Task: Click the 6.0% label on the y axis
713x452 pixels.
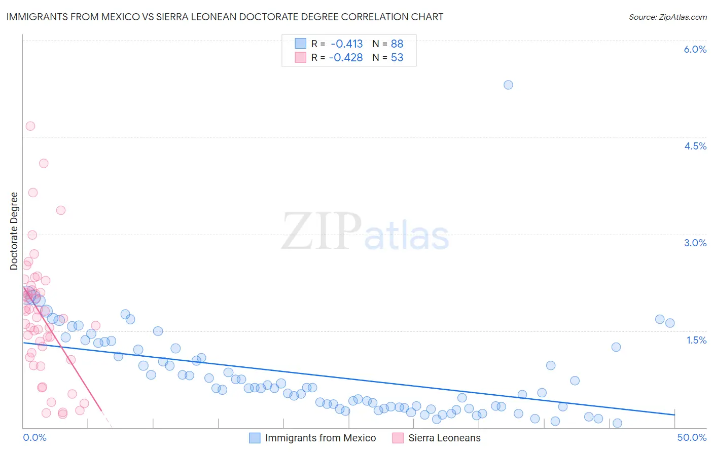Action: (695, 49)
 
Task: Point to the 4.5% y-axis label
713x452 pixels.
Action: (695, 146)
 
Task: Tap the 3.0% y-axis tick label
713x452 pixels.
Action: (695, 243)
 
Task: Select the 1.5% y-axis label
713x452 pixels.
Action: (696, 340)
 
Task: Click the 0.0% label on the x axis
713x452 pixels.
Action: (35, 437)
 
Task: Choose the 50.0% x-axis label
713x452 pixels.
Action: (692, 437)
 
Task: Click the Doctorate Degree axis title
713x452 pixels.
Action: (14, 231)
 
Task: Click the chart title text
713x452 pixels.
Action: (225, 17)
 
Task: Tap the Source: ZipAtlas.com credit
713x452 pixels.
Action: (667, 17)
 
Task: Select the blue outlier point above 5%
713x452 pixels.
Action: (508, 85)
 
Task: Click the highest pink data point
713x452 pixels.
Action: (30, 126)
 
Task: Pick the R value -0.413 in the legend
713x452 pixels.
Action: (347, 44)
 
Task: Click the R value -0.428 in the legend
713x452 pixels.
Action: (346, 57)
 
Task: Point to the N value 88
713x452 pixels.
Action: (397, 44)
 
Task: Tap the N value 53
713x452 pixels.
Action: (397, 57)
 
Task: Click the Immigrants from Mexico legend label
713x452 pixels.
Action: (320, 438)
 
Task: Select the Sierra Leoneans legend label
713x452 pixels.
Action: (444, 438)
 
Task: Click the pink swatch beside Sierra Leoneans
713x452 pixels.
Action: (398, 438)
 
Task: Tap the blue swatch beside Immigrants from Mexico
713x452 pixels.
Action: (255, 438)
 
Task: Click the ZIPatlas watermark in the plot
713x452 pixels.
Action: (365, 232)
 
